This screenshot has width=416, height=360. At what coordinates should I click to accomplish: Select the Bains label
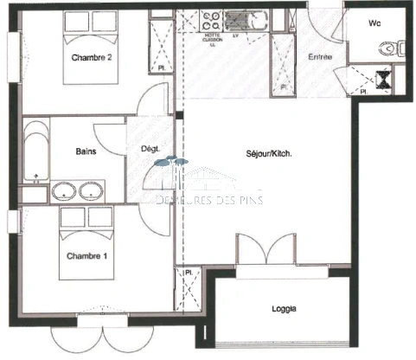click(86, 151)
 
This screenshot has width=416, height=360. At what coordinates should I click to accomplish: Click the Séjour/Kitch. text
click(269, 154)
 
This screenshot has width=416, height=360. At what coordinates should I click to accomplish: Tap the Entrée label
click(322, 58)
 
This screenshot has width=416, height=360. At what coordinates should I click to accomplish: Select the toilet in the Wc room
click(398, 48)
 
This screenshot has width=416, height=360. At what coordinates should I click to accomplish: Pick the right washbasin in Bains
click(90, 191)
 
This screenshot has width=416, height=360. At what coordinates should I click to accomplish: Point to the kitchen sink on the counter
click(235, 19)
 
